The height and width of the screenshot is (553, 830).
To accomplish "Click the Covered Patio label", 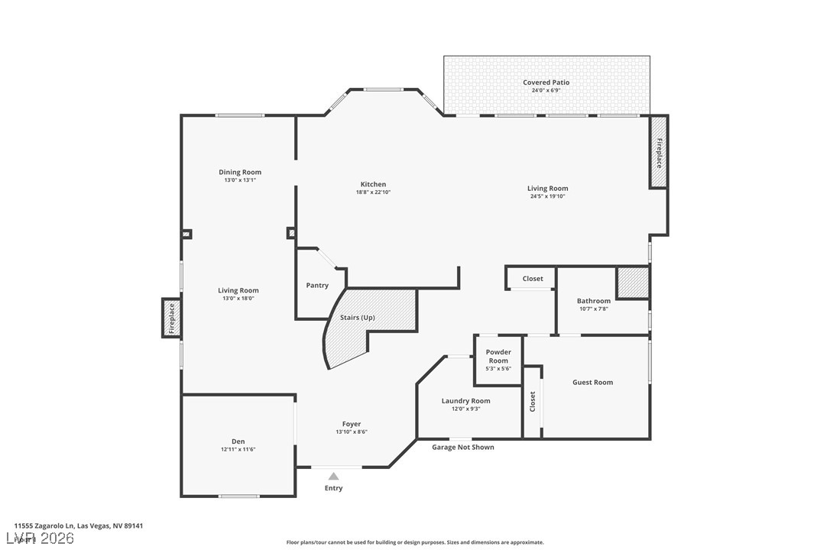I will coord(546,82).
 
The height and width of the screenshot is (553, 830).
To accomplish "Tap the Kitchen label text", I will coord(373,184).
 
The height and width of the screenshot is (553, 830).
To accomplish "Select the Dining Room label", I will coord(240,173).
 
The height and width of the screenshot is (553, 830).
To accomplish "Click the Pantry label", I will coord(317,286).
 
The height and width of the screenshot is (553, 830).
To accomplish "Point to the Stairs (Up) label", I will coord(358,317).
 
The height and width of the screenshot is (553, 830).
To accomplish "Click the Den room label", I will coord(238,441).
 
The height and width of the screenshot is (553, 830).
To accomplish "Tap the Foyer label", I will coord(352,424).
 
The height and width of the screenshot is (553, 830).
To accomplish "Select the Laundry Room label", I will coord(465,401).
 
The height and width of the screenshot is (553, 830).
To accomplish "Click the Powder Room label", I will coord(498,357).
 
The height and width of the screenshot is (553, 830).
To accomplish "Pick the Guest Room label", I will coord(593,382).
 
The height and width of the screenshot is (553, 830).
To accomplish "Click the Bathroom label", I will coord(594,301).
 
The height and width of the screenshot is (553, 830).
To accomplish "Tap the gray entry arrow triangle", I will coord(333,477).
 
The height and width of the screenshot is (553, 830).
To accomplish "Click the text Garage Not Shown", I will coord(463,448).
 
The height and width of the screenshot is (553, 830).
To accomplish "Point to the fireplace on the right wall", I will coord(658,153).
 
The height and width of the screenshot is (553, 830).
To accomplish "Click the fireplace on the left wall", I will coord(171,318).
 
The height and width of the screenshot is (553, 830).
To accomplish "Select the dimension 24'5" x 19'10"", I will coord(547,196).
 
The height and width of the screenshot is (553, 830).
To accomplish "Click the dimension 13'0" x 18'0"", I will coord(238,299).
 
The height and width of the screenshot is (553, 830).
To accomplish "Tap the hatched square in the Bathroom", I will coord(633,283).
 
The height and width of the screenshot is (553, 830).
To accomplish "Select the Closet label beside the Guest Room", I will coord(533,402).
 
